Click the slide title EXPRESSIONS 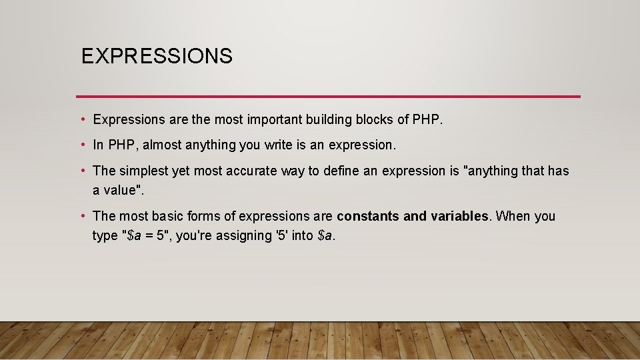click(x=157, y=56)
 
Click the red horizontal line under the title click(x=328, y=97)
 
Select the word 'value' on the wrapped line click(x=120, y=190)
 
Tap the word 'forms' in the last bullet click(x=216, y=216)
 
